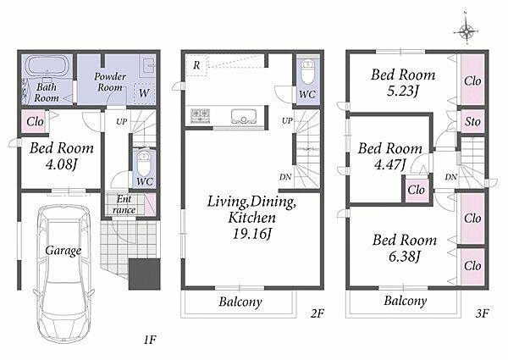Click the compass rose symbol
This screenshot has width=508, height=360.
pyautogui.click(x=466, y=31)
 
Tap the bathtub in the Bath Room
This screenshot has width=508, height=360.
pyautogui.click(x=47, y=66)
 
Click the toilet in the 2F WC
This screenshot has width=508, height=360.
pyautogui.click(x=307, y=71)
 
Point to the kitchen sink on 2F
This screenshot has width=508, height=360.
pyautogui.click(x=244, y=116)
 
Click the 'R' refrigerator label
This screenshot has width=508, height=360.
pyautogui.click(x=196, y=65)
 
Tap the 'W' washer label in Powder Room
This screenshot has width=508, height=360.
pyautogui.click(x=144, y=93)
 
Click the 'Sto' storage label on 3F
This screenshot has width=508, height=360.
pyautogui.click(x=472, y=121)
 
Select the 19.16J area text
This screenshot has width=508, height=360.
pyautogui.click(x=251, y=233)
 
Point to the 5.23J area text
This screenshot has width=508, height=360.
pyautogui.click(x=403, y=91)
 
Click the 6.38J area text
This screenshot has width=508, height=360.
pyautogui.click(x=405, y=257)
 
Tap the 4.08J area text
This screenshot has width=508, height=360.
pyautogui.click(x=61, y=164)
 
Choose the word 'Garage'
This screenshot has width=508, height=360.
pyautogui.click(x=63, y=251)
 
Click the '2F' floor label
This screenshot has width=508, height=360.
pyautogui.click(x=317, y=313)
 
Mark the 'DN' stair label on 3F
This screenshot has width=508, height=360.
pyautogui.click(x=450, y=177)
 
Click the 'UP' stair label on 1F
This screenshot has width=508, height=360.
pyautogui.click(x=121, y=121)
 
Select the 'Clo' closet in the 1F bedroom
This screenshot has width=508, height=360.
pyautogui.click(x=35, y=121)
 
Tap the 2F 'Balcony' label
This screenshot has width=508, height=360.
pyautogui.click(x=240, y=302)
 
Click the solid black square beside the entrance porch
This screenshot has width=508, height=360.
pyautogui.click(x=145, y=274)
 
